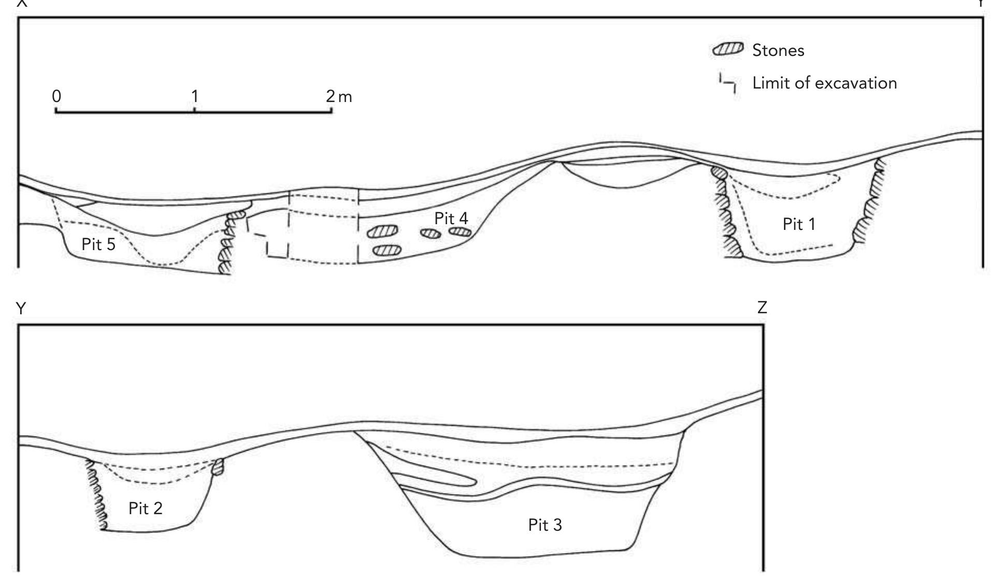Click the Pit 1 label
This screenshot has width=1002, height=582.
pos(798,224)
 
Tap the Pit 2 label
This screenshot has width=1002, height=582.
pos(145,508)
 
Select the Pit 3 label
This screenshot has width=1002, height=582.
pos(545,525)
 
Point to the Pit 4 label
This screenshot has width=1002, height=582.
pos(451,219)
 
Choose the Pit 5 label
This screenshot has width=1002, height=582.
pos(98,244)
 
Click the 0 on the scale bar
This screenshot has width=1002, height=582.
pos(56,96)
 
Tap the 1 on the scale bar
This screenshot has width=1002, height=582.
pos(194,96)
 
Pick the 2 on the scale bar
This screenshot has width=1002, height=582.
pos(331,96)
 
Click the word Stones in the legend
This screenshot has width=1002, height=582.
pos(778,51)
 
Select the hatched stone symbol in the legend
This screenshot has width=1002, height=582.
pos(728,50)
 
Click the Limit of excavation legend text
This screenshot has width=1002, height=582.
pos(824,83)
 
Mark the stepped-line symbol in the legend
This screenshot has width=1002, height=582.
pos(727,83)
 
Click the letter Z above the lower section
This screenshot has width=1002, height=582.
pos(762,308)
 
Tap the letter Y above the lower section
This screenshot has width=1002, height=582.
pos(21,309)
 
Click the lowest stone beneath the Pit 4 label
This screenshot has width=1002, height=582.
pos(387,251)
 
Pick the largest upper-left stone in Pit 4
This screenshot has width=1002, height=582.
pos(383,231)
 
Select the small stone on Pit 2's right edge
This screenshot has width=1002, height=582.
pos(219,467)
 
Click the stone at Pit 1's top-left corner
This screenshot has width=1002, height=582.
pos(718,171)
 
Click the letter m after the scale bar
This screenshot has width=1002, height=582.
pos(345,97)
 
